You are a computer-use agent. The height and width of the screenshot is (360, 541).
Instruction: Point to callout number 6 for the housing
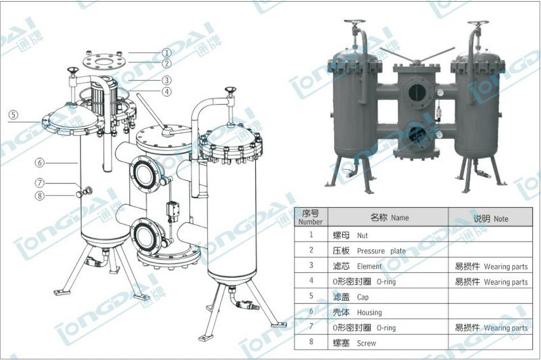pyautogui.click(x=39, y=162)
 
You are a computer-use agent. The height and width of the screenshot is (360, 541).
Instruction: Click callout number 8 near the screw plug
pyautogui.click(x=39, y=195)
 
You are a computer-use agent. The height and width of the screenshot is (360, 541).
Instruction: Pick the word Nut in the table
pyautogui.click(x=363, y=235)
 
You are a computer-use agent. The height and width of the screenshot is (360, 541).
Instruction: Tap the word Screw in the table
pyautogui.click(x=366, y=343)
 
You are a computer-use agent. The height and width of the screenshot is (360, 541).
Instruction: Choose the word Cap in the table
pyautogui.click(x=362, y=297)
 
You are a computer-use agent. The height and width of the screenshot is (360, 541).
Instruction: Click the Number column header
pyautogui.click(x=311, y=218)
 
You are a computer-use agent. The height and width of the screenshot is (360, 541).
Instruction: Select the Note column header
pyautogui.click(x=491, y=219)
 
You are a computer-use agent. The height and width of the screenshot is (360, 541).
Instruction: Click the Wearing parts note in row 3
pyautogui.click(x=505, y=267)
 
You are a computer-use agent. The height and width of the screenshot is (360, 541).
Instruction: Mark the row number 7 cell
pyautogui.click(x=311, y=328)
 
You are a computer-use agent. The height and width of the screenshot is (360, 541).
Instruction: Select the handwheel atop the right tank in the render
pyautogui.click(x=478, y=25)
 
